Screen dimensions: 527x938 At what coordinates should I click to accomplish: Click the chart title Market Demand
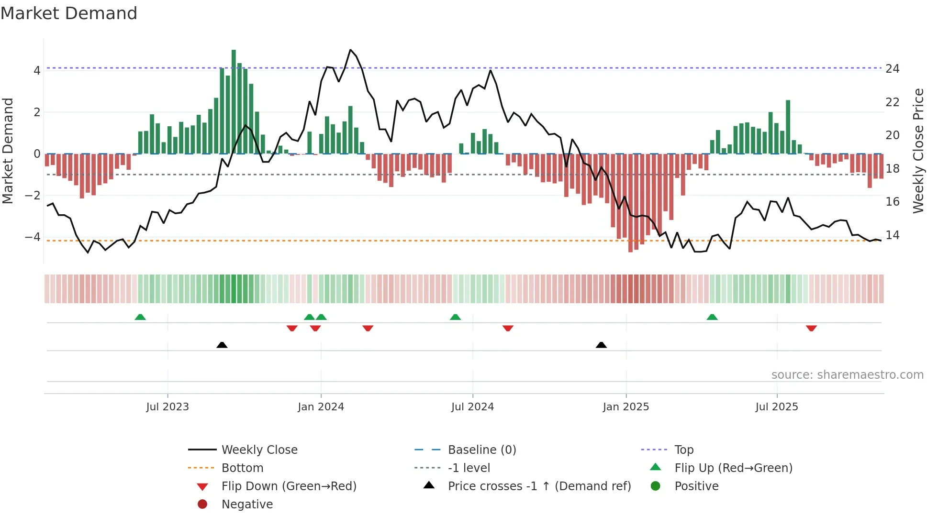tap(69, 13)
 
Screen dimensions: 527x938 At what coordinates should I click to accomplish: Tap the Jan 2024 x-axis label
tap(321, 407)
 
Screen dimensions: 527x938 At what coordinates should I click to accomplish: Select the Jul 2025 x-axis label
tap(777, 407)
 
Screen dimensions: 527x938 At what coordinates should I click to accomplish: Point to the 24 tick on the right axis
tap(893, 69)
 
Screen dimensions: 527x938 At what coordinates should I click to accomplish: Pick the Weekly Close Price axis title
tap(918, 151)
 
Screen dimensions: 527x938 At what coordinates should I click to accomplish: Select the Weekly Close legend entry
tap(259, 450)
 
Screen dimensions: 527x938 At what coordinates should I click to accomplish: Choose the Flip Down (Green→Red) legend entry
tap(289, 486)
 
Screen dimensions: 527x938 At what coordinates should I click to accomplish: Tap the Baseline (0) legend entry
tap(481, 450)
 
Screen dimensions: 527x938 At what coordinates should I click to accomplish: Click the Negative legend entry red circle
tap(202, 505)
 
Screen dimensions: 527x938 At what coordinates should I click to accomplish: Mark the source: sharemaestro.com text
tap(847, 375)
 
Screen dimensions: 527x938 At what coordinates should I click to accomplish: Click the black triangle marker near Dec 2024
tap(601, 345)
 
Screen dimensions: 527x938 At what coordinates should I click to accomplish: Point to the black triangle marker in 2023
tap(222, 345)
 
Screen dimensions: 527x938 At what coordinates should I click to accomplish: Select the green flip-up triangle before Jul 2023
tap(140, 318)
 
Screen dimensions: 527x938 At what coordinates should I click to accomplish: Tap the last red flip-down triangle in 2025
tap(811, 328)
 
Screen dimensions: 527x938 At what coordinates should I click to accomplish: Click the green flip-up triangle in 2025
tap(712, 318)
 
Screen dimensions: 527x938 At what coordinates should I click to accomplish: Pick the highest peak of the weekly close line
tap(350, 50)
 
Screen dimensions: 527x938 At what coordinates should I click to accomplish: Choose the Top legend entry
tap(683, 450)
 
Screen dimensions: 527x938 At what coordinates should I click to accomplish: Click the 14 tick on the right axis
tap(893, 235)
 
